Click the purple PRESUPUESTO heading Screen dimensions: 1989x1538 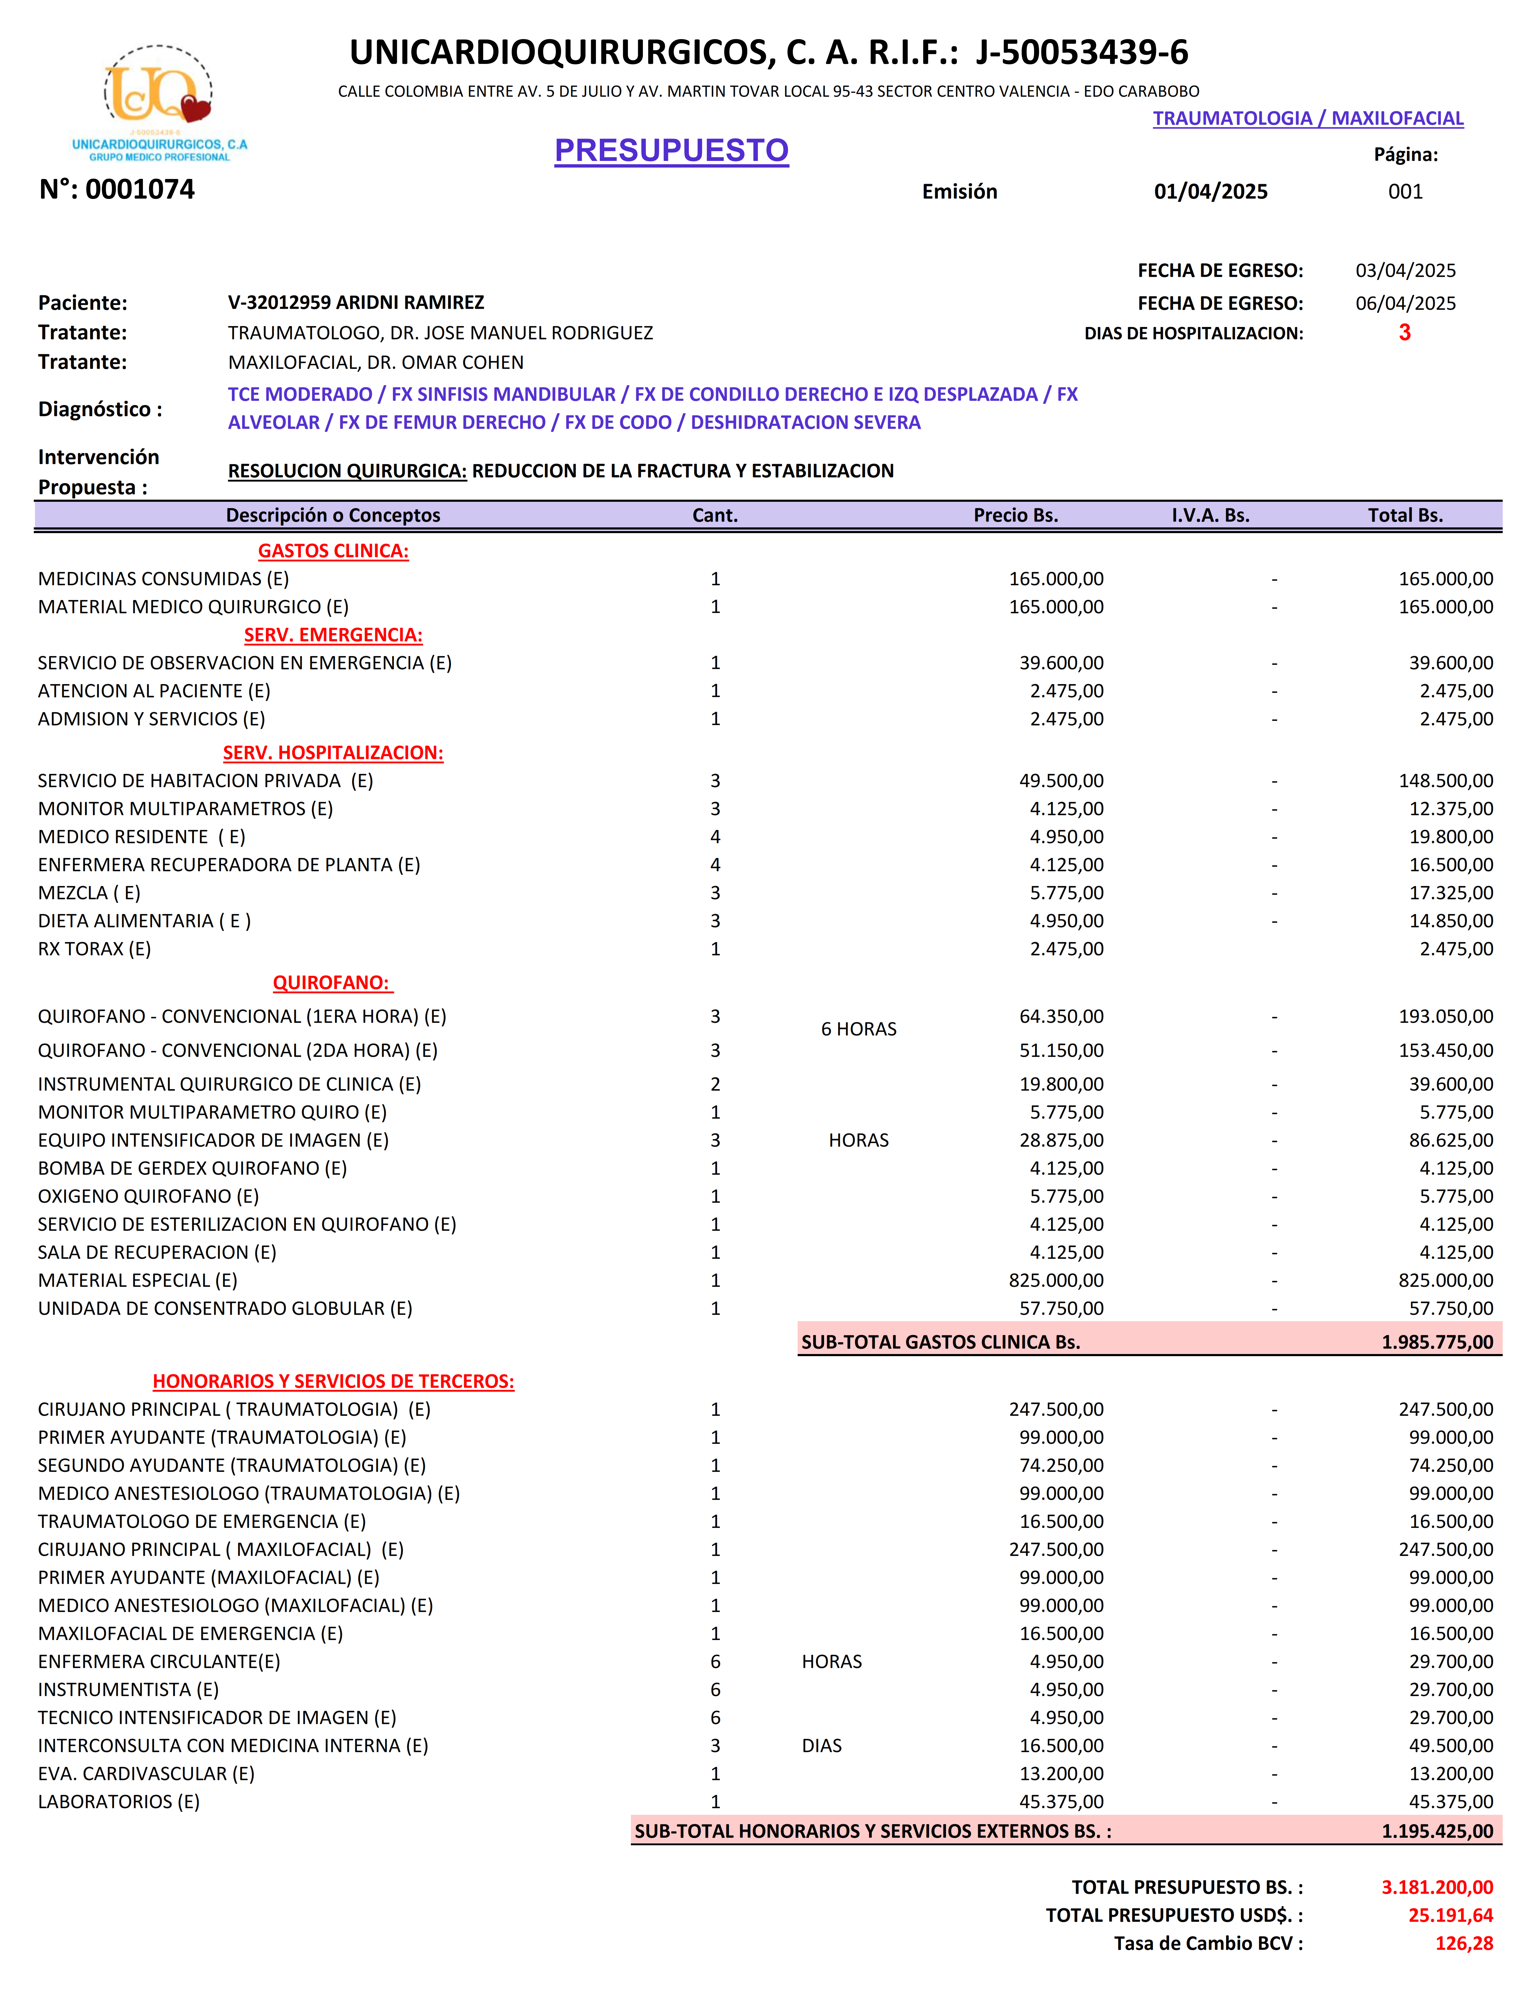[x=672, y=150]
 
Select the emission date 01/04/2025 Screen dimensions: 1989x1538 [x=1210, y=191]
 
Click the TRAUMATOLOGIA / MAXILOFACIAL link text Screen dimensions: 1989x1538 [x=1308, y=118]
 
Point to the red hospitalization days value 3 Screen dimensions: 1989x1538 [x=1404, y=332]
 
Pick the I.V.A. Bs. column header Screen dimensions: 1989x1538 [x=1210, y=515]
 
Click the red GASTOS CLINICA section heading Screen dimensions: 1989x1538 [x=334, y=551]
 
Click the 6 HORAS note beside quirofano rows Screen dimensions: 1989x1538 [x=858, y=1029]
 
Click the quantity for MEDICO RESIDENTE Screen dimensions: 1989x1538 [x=715, y=837]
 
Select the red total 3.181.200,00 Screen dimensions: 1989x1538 [x=1437, y=1887]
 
